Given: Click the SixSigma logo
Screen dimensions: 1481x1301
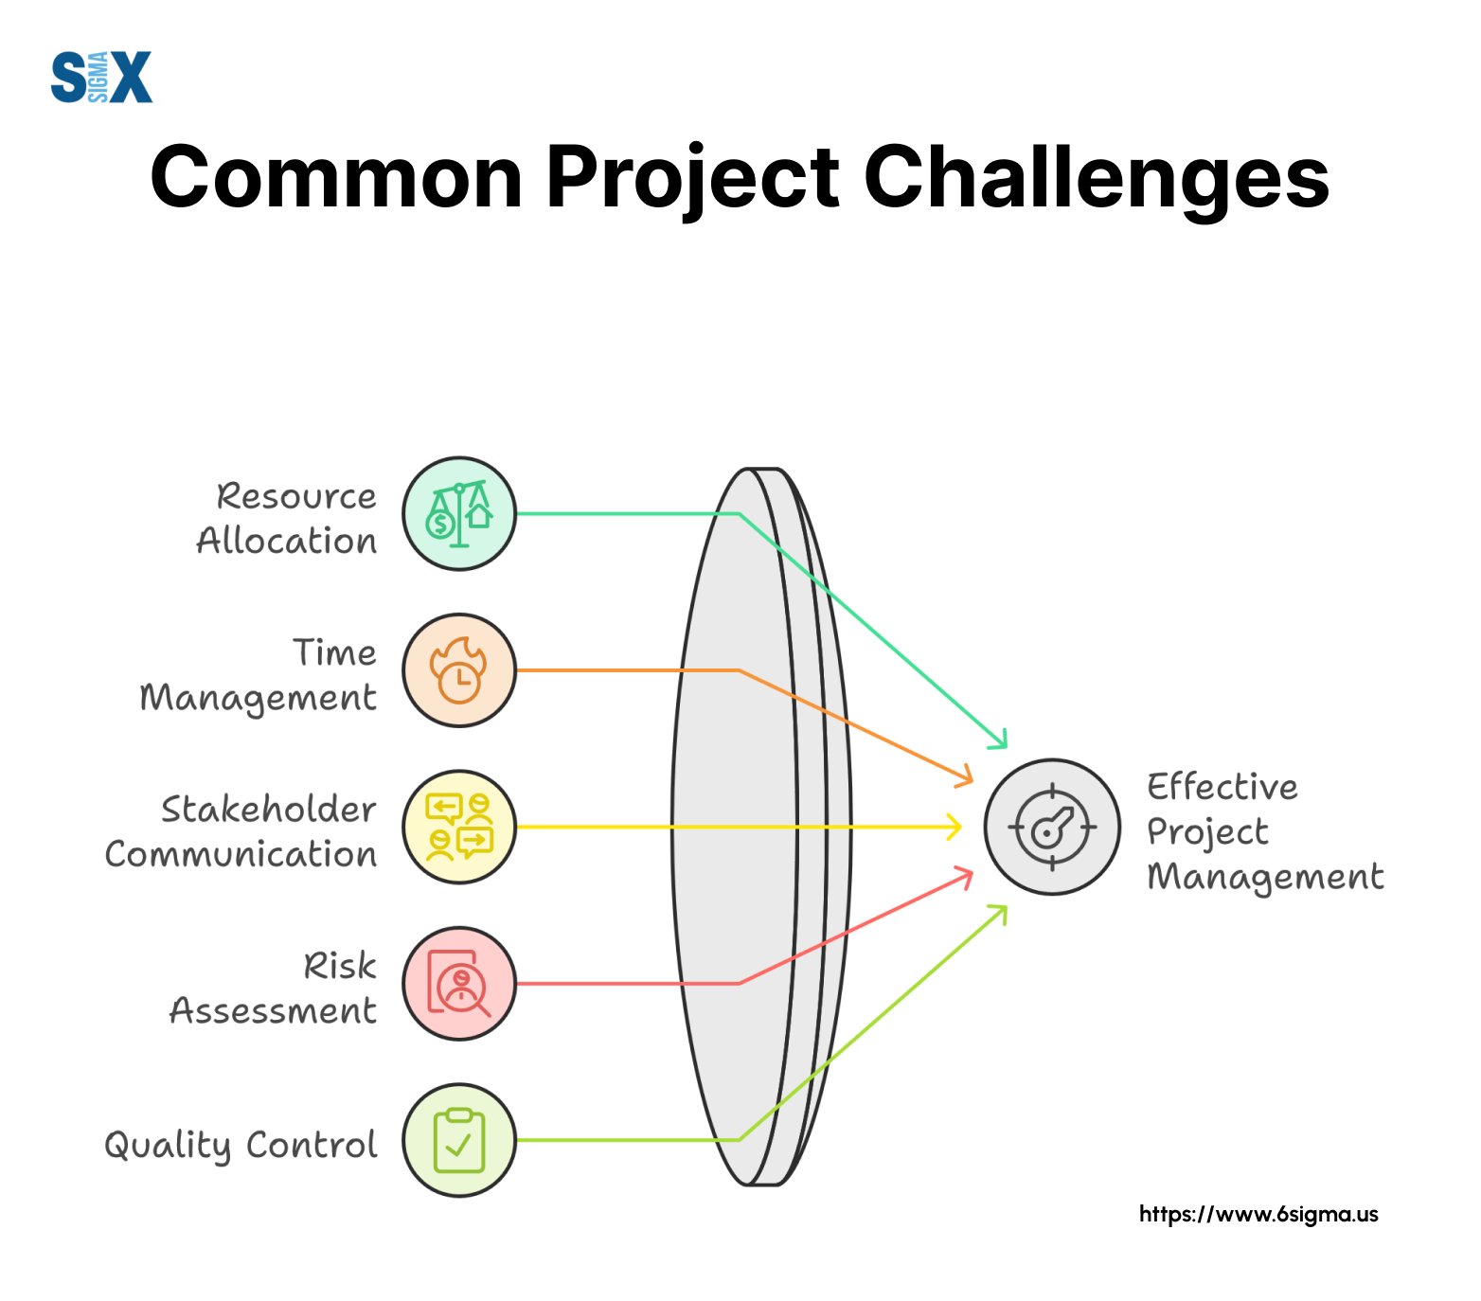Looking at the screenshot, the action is pyautogui.click(x=101, y=77).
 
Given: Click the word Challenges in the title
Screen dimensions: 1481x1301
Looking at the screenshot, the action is pyautogui.click(x=1097, y=178).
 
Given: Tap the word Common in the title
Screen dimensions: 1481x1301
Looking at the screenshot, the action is pyautogui.click(x=337, y=177).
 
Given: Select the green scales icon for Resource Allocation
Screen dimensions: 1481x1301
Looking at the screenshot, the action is pyautogui.click(x=459, y=514).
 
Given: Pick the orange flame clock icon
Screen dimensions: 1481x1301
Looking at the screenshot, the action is pyautogui.click(x=459, y=670).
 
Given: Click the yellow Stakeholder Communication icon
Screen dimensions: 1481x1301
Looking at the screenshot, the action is pyautogui.click(x=459, y=828).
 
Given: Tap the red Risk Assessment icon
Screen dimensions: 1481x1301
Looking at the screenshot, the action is pyautogui.click(x=459, y=984).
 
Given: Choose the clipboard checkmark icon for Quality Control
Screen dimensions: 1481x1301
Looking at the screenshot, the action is pyautogui.click(x=459, y=1140).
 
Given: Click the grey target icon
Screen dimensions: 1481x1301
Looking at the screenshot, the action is pyautogui.click(x=1052, y=827).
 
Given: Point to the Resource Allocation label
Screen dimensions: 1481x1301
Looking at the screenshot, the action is pyautogui.click(x=287, y=518).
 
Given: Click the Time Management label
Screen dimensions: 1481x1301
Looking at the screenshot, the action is pyautogui.click(x=258, y=675).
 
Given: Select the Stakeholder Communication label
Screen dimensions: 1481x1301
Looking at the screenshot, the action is pyautogui.click(x=241, y=831).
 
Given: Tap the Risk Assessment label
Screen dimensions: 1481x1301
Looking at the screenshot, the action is pyautogui.click(x=273, y=988).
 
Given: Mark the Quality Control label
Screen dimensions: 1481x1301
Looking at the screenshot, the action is pyautogui.click(x=241, y=1145).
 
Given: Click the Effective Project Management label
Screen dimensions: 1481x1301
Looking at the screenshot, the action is pyautogui.click(x=1265, y=832).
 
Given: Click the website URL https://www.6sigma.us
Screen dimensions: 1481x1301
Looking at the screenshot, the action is pyautogui.click(x=1258, y=1215).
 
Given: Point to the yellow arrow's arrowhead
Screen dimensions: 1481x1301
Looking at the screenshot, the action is pyautogui.click(x=954, y=827).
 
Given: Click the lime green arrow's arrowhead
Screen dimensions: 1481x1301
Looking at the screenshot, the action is pyautogui.click(x=998, y=914).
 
